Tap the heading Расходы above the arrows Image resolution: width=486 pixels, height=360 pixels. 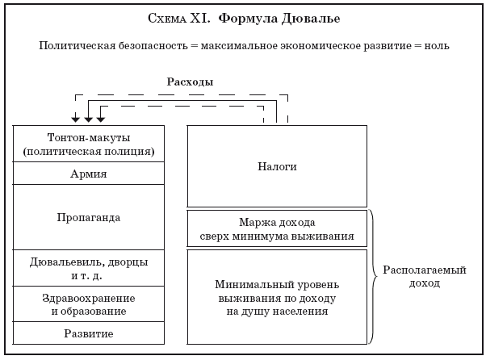click(x=190, y=82)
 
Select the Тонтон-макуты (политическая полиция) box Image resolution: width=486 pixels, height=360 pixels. click(x=90, y=144)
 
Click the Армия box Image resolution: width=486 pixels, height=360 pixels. click(x=90, y=174)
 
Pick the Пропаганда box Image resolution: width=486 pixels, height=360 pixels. click(x=90, y=217)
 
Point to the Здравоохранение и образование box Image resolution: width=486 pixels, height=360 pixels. click(x=90, y=304)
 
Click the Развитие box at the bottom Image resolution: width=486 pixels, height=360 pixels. click(x=90, y=333)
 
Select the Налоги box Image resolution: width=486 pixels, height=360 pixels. click(x=278, y=166)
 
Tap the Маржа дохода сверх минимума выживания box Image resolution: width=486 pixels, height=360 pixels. click(x=278, y=228)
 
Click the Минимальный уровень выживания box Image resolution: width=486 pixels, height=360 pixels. click(x=278, y=298)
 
